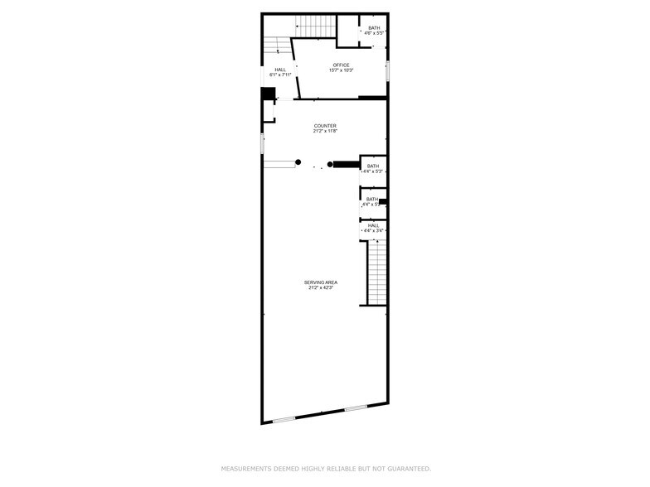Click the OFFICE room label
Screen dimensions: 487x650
pos(342,65)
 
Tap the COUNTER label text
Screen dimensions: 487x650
pos(325,125)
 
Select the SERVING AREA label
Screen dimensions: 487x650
pos(320,282)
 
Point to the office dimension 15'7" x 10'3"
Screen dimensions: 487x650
pos(342,70)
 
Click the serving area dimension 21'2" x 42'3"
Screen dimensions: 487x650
pos(320,288)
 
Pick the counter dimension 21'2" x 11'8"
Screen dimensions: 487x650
pos(325,131)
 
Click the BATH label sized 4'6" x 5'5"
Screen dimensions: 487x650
pos(375,27)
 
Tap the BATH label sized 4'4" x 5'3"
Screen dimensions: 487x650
pos(373,166)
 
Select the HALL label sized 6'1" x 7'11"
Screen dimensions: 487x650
pos(280,70)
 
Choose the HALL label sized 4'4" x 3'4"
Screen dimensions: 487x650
pos(372,225)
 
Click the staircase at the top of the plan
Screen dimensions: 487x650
pos(316,27)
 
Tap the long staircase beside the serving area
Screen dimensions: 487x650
pos(377,272)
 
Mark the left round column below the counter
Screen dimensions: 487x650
pos(298,162)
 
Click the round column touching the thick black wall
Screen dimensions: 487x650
pos(330,164)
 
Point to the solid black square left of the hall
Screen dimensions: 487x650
pos(268,94)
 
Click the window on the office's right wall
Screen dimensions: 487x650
pos(387,70)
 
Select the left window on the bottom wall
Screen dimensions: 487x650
pos(284,419)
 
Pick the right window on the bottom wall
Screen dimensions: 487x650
pos(357,407)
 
